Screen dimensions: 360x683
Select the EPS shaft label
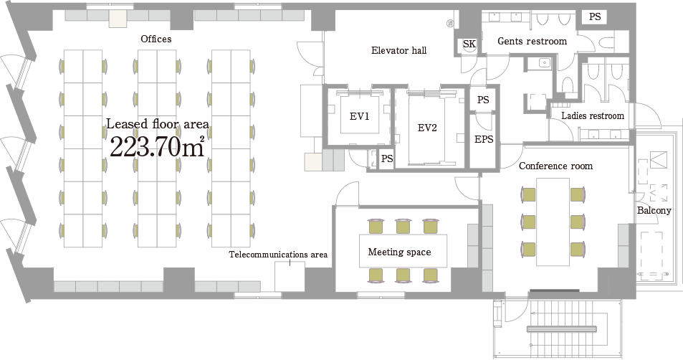click(484, 139)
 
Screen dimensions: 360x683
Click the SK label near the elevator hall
click(469, 44)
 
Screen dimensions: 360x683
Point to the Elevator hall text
click(398, 50)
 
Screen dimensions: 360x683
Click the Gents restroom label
click(532, 41)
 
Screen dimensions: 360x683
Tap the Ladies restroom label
click(592, 115)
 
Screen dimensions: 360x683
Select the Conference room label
click(555, 166)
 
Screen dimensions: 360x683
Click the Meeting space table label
click(399, 252)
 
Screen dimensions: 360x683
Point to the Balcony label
click(654, 211)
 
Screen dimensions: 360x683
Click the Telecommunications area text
click(278, 255)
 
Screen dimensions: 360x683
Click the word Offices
click(156, 39)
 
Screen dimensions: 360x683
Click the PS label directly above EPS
click(483, 100)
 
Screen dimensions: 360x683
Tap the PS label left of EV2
click(386, 158)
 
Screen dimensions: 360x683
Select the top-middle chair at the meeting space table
click(403, 226)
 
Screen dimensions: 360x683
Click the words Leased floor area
click(158, 124)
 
